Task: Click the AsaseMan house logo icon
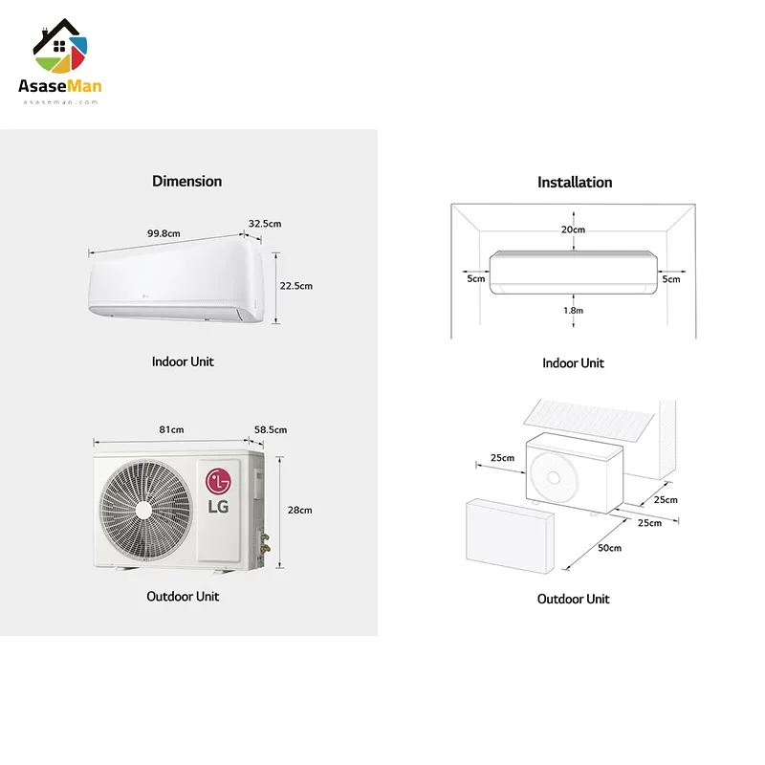coord(60,45)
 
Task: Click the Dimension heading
coord(186,181)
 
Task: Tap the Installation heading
coord(575,182)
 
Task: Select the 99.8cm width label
coord(164,233)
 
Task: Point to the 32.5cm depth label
coord(265,224)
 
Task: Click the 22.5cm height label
coord(296,285)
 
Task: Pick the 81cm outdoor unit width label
coord(172,429)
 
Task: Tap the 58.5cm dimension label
coord(271,429)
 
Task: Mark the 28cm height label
coord(300,510)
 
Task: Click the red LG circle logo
coord(218,481)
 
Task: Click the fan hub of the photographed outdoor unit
coord(143,510)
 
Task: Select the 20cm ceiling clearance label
coord(573,229)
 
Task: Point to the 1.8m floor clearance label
coord(573,310)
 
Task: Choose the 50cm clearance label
coord(610,548)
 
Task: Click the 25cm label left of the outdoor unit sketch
coord(503,458)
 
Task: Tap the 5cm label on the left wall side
coord(476,278)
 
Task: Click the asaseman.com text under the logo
coord(60,102)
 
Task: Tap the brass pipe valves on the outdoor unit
coord(266,542)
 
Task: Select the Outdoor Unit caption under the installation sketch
coord(573,599)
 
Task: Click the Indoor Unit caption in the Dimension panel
coord(183,361)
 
